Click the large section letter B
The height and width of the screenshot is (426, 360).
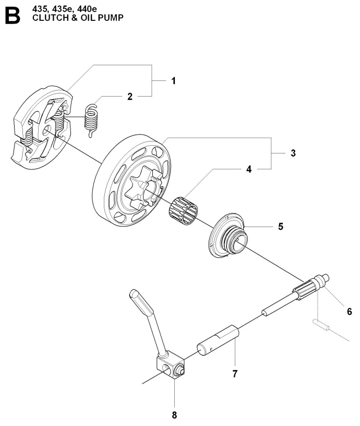[x=13, y=16]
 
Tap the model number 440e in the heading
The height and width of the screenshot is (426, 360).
[x=87, y=9]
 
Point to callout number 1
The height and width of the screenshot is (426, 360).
[x=174, y=81]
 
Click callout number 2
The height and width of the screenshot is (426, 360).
[x=130, y=97]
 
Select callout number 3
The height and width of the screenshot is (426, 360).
[x=293, y=153]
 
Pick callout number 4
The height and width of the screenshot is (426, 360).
[x=249, y=169]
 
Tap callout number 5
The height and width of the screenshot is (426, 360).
[x=281, y=227]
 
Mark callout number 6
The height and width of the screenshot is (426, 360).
[x=350, y=311]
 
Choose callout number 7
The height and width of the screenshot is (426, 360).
[x=235, y=374]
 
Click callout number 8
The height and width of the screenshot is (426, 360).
[x=174, y=415]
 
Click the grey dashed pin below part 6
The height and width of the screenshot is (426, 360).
[x=321, y=325]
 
